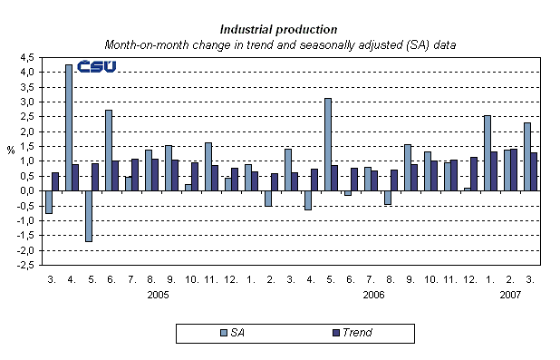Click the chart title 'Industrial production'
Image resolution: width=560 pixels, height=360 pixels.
[x=279, y=29]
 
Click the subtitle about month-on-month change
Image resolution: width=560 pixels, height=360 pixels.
[x=279, y=44]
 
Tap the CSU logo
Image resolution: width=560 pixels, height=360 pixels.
[x=94, y=66]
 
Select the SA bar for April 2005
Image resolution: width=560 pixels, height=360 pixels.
[x=69, y=127]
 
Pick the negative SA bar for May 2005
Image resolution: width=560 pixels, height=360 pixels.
[x=89, y=216]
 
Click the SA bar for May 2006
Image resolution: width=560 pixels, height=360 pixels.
[x=327, y=144]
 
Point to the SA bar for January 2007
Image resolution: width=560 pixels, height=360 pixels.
[x=487, y=152]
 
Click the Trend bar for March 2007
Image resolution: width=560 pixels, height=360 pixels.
[x=534, y=171]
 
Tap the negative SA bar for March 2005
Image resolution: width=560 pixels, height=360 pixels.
[x=49, y=202]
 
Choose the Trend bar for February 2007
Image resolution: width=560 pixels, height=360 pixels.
[x=514, y=170]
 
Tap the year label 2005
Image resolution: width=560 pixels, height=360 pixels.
[x=159, y=295]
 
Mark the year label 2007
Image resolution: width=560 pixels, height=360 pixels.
[x=509, y=295]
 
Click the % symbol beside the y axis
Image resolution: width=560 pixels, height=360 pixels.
[x=10, y=151]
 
